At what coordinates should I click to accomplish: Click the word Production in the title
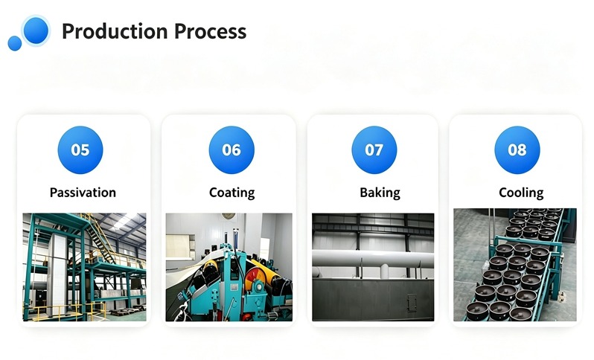(x=115, y=31)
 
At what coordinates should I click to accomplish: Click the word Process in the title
(x=210, y=31)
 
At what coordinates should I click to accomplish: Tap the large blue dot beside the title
(x=36, y=30)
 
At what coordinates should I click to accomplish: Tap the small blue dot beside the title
(x=15, y=43)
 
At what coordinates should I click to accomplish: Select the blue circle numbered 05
(x=80, y=150)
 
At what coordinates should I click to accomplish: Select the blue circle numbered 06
(x=231, y=150)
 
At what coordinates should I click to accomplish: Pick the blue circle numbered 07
(x=374, y=150)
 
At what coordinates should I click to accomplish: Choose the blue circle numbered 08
(x=517, y=150)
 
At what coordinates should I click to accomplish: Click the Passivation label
(x=83, y=193)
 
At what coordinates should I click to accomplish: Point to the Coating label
(x=231, y=193)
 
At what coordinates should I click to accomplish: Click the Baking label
(x=380, y=193)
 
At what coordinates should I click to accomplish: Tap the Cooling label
(x=521, y=193)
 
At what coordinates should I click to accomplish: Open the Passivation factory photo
(x=84, y=267)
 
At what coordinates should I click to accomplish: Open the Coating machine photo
(x=229, y=267)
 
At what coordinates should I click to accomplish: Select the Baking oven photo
(x=373, y=267)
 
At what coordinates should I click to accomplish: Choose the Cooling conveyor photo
(x=515, y=265)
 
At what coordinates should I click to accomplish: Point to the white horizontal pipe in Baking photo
(x=373, y=258)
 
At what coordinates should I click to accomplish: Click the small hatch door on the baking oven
(x=412, y=303)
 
